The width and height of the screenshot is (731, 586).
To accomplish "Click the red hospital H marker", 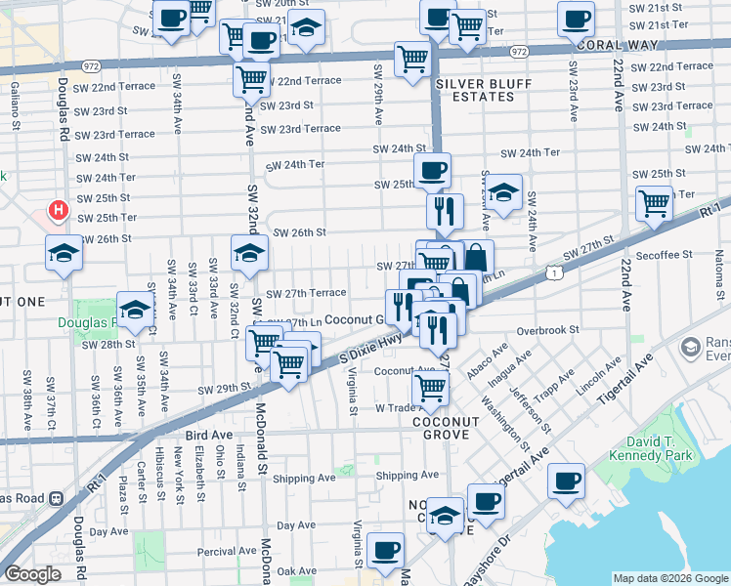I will pos(59,210).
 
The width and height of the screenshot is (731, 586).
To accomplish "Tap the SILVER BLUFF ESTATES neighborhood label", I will pos(476,90).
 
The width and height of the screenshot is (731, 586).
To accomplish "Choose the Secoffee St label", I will pos(663,254).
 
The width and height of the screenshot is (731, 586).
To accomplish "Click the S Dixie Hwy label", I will pos(357,351).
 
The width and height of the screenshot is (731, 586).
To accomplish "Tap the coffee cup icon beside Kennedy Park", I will pos(566,481).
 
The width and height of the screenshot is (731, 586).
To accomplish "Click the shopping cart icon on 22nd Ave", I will pos(654,203).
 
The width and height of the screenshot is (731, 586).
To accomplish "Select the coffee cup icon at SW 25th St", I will pos(432,171).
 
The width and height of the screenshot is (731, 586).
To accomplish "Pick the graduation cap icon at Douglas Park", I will pos(135,309).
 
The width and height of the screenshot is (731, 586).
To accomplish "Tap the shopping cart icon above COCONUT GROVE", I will pos(431,388).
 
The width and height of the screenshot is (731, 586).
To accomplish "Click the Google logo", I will pos(32,574).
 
